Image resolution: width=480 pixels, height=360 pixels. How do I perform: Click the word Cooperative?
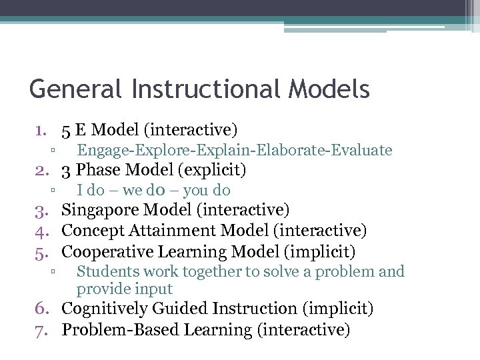point(105,251)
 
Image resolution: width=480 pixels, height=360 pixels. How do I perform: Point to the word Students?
point(103,271)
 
